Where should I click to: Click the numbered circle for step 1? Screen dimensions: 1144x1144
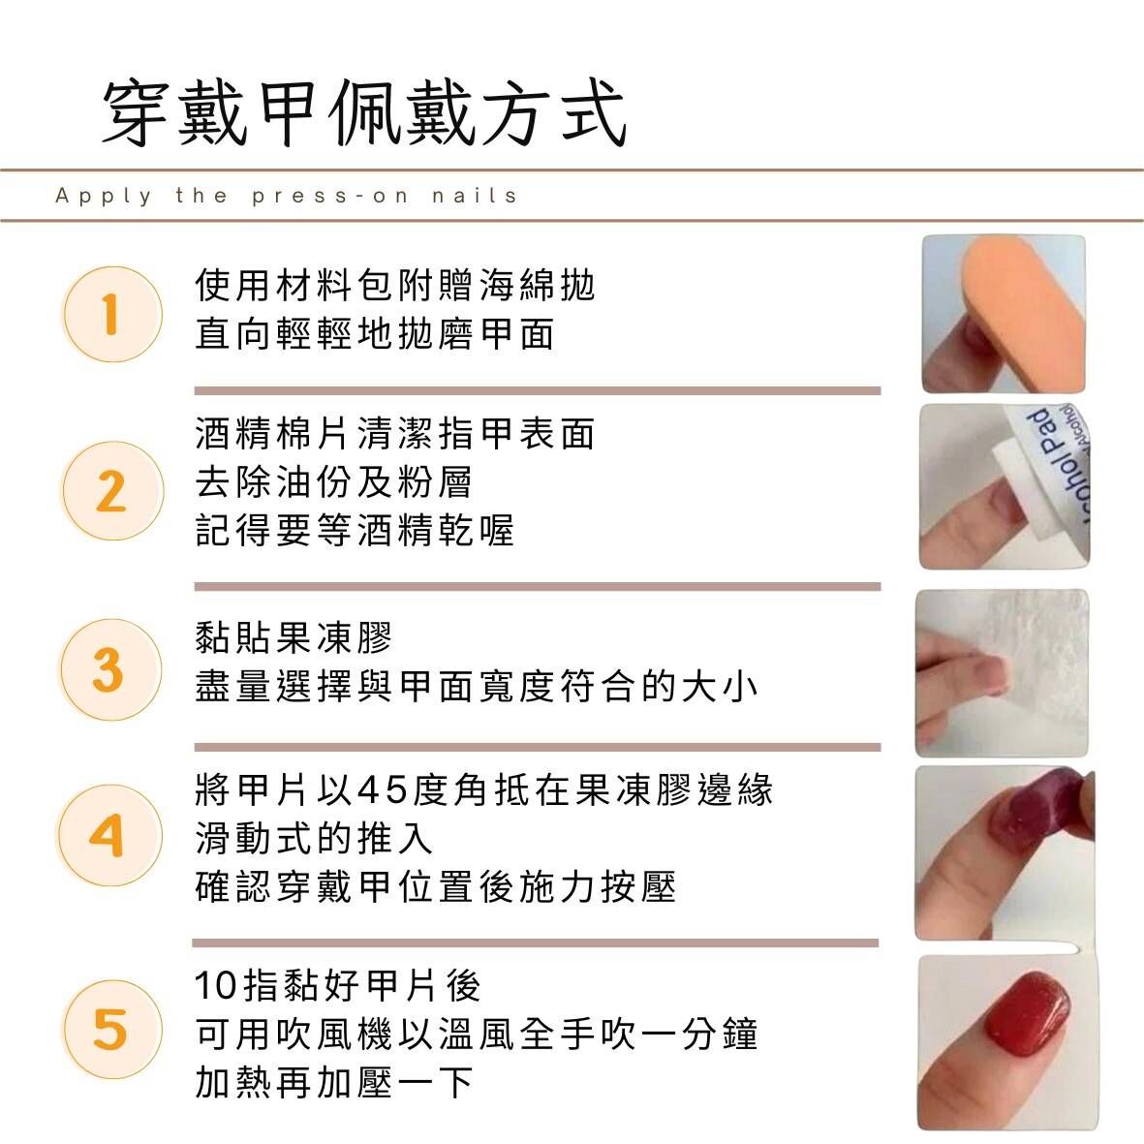(x=111, y=315)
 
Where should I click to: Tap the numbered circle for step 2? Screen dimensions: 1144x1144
(x=111, y=490)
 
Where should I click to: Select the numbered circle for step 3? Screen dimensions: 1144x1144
(x=109, y=669)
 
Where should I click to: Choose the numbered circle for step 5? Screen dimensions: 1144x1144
(x=110, y=1030)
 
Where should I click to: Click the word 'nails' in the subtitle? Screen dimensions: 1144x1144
(x=475, y=196)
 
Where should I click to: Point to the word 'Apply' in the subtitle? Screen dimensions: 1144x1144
(x=104, y=197)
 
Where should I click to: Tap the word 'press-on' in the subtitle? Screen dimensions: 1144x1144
(x=329, y=197)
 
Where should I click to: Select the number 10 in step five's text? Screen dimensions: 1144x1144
(x=216, y=986)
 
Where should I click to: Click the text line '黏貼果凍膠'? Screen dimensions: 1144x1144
(x=294, y=637)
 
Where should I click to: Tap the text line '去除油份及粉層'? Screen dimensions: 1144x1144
(x=333, y=481)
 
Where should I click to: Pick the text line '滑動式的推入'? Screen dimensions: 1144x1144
(x=314, y=838)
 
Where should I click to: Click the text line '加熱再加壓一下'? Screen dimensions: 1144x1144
(x=334, y=1082)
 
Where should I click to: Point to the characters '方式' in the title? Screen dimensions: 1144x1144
(x=554, y=114)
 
